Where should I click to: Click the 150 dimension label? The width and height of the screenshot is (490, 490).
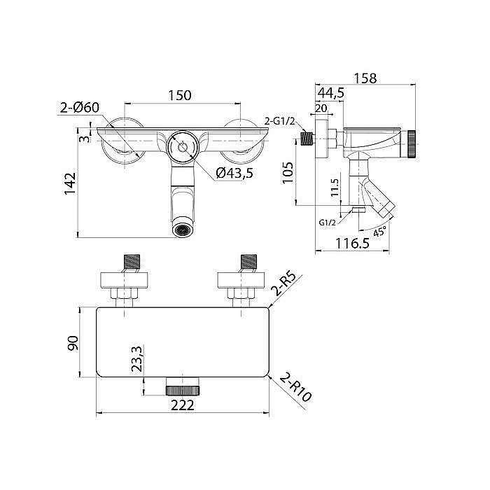[x=180, y=95]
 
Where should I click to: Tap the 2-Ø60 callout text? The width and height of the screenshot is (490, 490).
[x=80, y=108]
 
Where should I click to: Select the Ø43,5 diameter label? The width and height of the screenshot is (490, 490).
[x=234, y=173]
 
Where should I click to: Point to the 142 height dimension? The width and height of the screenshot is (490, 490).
[x=70, y=183]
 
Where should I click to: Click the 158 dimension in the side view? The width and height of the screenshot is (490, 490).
[x=365, y=78]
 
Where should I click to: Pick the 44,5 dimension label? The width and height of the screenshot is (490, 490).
[x=331, y=93]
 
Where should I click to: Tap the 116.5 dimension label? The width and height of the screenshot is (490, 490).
[x=353, y=243]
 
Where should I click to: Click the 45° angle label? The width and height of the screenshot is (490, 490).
[x=379, y=232]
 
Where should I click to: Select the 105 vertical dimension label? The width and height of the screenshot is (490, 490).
[x=288, y=173]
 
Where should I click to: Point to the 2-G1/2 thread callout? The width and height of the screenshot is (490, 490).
[x=280, y=121]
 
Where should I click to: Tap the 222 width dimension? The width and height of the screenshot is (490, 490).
[x=183, y=405]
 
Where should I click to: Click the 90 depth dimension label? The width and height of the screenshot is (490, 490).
[x=73, y=343]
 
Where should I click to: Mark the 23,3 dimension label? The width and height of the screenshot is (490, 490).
[x=136, y=358]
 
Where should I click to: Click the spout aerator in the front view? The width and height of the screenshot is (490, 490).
[x=183, y=230]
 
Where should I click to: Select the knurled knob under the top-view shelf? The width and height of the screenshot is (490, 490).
[x=183, y=391]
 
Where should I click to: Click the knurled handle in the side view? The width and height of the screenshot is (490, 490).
[x=411, y=145]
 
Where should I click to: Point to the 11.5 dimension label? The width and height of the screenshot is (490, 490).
[x=335, y=187]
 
